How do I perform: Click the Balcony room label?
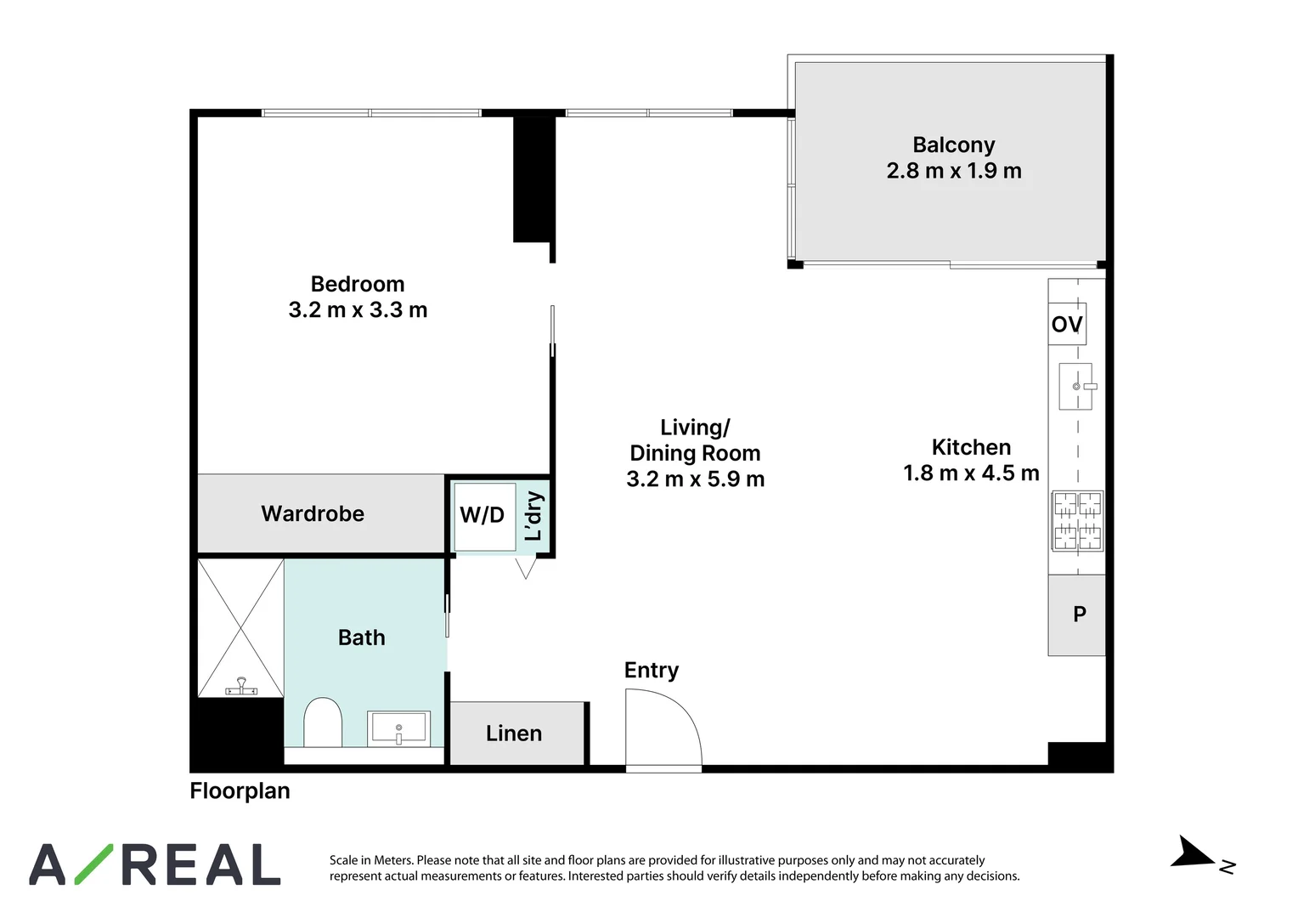pyautogui.click(x=953, y=145)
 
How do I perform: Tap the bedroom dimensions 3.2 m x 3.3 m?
pyautogui.click(x=358, y=309)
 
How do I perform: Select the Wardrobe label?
pyautogui.click(x=313, y=513)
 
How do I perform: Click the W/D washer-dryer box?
pyautogui.click(x=484, y=516)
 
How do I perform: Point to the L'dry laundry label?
pyautogui.click(x=533, y=516)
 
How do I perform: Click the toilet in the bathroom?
pyautogui.click(x=323, y=722)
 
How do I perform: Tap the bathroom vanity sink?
pyautogui.click(x=398, y=728)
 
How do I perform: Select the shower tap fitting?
pyautogui.click(x=241, y=687)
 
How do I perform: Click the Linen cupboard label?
pyautogui.click(x=513, y=734)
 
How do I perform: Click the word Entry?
pyautogui.click(x=652, y=671)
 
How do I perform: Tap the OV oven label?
pyautogui.click(x=1067, y=324)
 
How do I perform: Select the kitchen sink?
pyautogui.click(x=1077, y=386)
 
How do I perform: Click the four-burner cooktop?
pyautogui.click(x=1077, y=521)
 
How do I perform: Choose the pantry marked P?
pyautogui.click(x=1076, y=615)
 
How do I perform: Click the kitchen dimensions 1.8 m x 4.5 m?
pyautogui.click(x=971, y=473)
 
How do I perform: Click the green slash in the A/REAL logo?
pyautogui.click(x=94, y=864)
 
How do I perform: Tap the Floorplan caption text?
pyautogui.click(x=240, y=791)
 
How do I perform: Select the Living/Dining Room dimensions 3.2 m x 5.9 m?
pyautogui.click(x=696, y=479)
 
